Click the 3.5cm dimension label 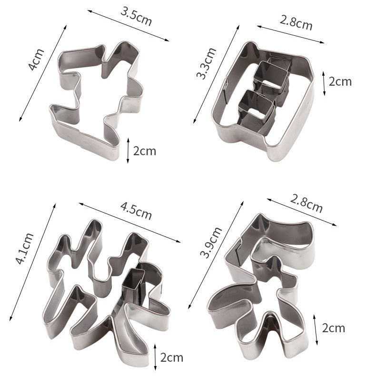[136, 16]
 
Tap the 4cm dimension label [36, 59]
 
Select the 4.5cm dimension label [136, 211]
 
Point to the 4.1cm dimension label [24, 248]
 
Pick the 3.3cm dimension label [206, 63]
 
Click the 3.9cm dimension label [211, 242]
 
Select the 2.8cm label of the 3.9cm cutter [306, 204]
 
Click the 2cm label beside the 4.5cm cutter [172, 357]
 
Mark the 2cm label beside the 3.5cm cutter [145, 151]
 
